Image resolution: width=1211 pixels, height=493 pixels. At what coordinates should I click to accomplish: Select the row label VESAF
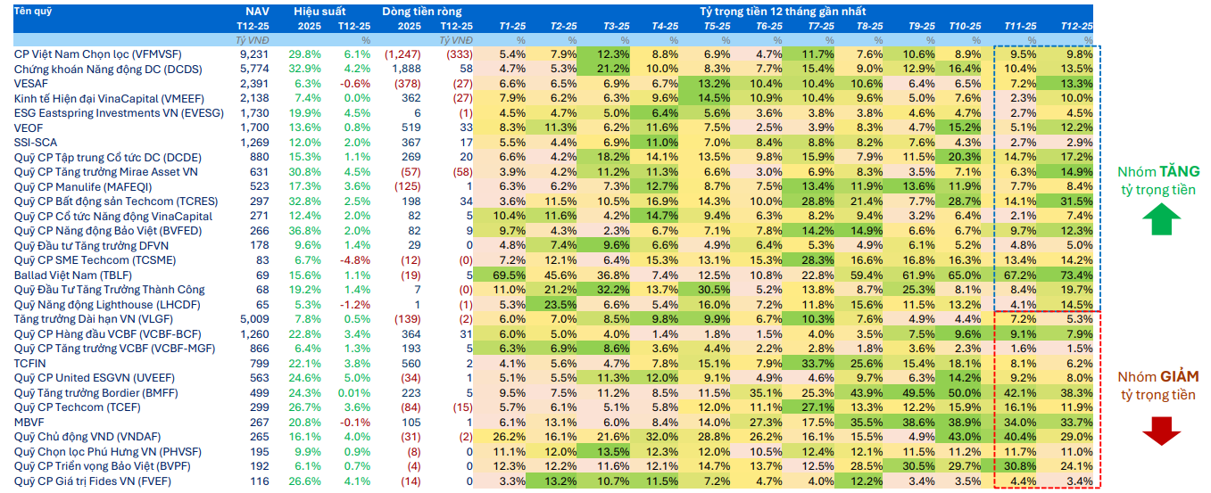click(x=32, y=84)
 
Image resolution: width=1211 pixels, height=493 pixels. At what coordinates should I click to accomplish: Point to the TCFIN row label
click(x=31, y=363)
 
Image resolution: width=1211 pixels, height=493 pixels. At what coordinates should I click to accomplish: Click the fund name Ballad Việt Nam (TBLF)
click(x=73, y=275)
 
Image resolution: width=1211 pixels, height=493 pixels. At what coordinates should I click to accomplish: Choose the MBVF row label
click(x=30, y=422)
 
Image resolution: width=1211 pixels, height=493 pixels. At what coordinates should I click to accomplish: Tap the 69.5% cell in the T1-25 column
click(x=511, y=275)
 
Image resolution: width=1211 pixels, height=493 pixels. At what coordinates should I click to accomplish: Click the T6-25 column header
click(x=768, y=26)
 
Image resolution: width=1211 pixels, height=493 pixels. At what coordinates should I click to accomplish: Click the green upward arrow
click(x=1159, y=218)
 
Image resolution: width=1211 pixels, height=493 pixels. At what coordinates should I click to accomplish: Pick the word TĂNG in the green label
click(x=1179, y=172)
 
